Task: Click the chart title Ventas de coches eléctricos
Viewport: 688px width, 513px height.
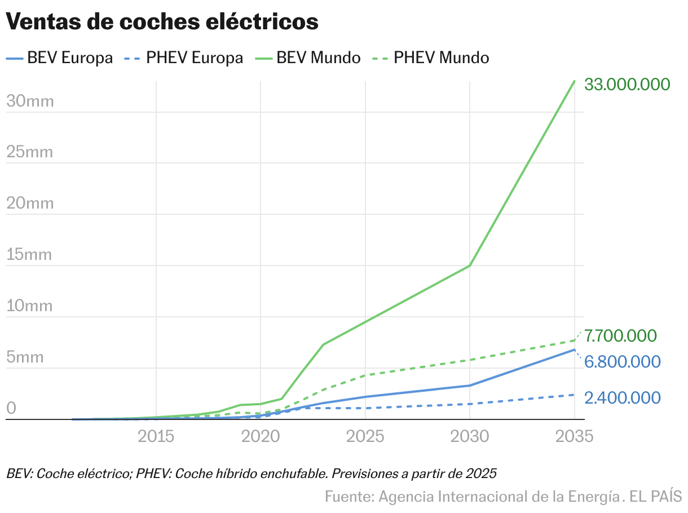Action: click(x=162, y=22)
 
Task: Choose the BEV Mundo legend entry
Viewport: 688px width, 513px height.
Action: click(x=318, y=58)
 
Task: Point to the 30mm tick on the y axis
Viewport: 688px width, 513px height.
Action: click(x=30, y=101)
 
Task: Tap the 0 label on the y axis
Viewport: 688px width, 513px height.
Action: click(x=11, y=409)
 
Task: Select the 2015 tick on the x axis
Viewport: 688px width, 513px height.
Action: click(x=156, y=436)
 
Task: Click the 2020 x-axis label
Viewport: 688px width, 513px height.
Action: click(x=261, y=436)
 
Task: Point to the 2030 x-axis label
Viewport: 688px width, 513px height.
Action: click(x=470, y=436)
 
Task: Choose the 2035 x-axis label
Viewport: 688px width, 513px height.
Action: click(x=574, y=436)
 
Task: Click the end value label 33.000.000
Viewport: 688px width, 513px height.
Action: click(x=627, y=85)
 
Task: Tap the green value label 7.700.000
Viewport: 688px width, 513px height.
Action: click(x=620, y=336)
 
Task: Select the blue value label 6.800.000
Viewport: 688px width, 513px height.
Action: click(x=622, y=362)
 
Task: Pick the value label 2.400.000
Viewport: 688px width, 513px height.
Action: click(x=622, y=398)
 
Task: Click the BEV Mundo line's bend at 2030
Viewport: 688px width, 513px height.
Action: click(x=470, y=266)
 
